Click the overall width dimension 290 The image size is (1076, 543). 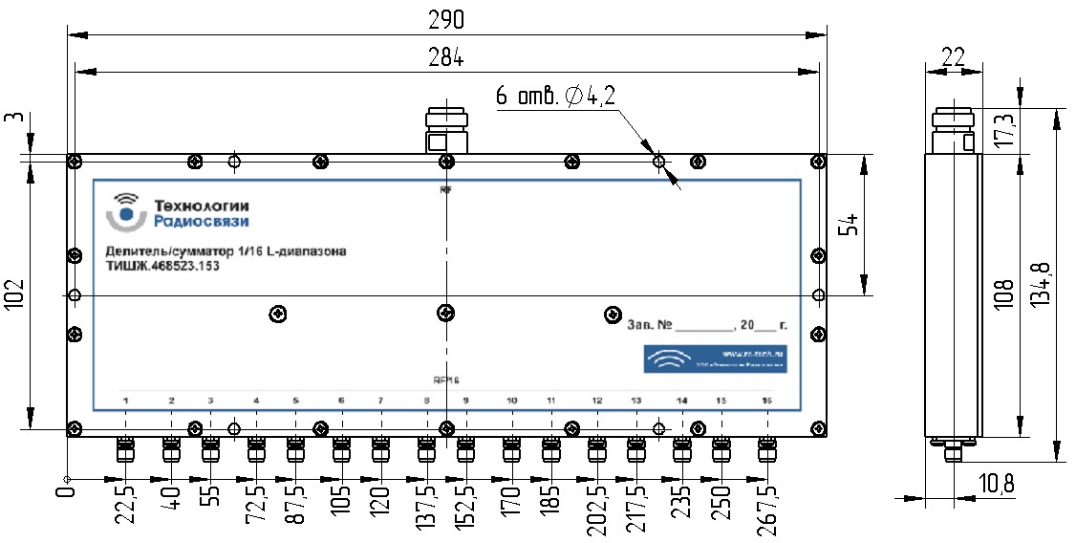tap(445, 17)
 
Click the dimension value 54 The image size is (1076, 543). tap(852, 225)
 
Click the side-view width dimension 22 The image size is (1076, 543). tap(953, 55)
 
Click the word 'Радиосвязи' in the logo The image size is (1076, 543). tap(202, 222)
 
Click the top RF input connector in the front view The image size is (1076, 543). tap(445, 132)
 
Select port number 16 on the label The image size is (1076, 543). tap(765, 399)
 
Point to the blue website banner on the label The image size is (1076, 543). tap(714, 359)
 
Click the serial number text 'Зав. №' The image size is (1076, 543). tap(647, 325)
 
